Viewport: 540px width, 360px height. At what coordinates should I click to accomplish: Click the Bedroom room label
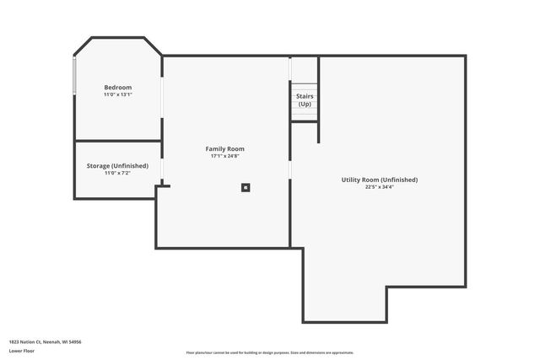pyautogui.click(x=117, y=88)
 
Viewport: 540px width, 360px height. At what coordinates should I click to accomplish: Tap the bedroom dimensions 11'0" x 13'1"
pyautogui.click(x=117, y=94)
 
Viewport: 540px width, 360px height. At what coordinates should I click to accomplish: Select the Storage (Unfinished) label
pyautogui.click(x=117, y=166)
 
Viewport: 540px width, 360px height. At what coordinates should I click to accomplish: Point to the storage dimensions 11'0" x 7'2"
pyautogui.click(x=117, y=173)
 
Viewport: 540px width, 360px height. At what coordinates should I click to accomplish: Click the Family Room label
pyautogui.click(x=224, y=149)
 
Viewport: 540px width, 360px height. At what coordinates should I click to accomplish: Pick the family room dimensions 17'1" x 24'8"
pyautogui.click(x=224, y=156)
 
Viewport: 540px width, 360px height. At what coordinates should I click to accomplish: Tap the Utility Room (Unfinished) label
pyautogui.click(x=379, y=180)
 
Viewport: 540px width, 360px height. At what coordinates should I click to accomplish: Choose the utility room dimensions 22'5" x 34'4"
pyautogui.click(x=379, y=187)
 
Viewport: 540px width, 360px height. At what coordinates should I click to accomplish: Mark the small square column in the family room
pyautogui.click(x=246, y=187)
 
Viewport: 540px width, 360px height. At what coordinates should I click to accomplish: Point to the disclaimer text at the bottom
pyautogui.click(x=269, y=352)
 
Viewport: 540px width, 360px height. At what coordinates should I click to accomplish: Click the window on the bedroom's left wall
pyautogui.click(x=75, y=76)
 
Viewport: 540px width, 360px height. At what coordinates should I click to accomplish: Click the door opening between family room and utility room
pyautogui.click(x=290, y=169)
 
